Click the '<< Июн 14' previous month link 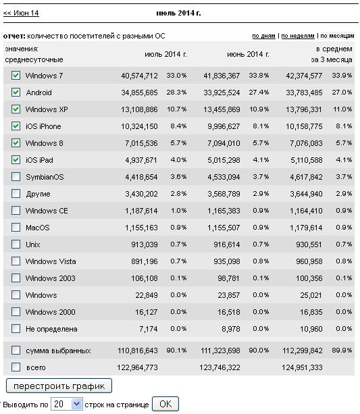click(x=21, y=13)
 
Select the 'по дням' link click(x=263, y=36)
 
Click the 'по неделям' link click(x=298, y=36)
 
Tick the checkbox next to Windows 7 click(x=16, y=76)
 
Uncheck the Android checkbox click(x=16, y=93)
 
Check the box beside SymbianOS click(x=16, y=177)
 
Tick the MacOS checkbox click(x=16, y=228)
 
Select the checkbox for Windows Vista click(x=16, y=261)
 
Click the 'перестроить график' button click(x=59, y=386)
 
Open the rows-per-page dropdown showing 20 click(x=67, y=405)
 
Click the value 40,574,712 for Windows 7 click(x=139, y=76)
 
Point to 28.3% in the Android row click(x=176, y=93)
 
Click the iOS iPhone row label click(x=43, y=126)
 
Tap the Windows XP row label click(x=47, y=109)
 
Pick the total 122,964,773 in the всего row click(x=137, y=367)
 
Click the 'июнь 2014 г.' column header click(x=248, y=55)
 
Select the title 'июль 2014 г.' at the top click(x=178, y=13)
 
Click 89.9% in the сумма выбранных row click(x=342, y=351)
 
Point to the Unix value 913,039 click(x=145, y=244)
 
